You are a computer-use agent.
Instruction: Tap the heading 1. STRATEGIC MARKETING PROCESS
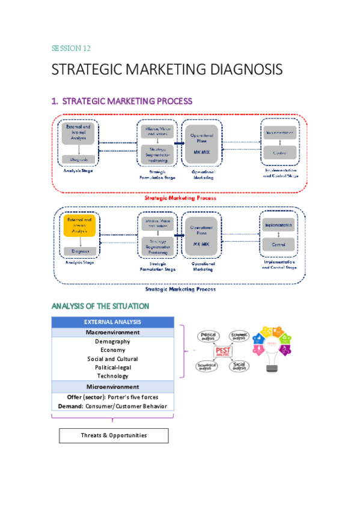point(122,101)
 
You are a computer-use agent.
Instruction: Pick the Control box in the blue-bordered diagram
point(278,245)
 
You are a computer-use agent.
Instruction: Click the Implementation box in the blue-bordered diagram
point(278,225)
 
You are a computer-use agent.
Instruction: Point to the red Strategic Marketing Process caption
point(180,197)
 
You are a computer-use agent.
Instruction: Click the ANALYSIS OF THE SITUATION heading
point(100,306)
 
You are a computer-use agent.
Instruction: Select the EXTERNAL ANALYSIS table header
point(112,322)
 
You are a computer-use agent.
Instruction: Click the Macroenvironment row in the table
point(112,332)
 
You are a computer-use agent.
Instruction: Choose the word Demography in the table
point(112,342)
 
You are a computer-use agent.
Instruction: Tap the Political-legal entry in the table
point(112,367)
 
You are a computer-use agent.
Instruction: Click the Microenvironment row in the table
point(112,387)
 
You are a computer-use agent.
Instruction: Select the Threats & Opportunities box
point(114,435)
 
